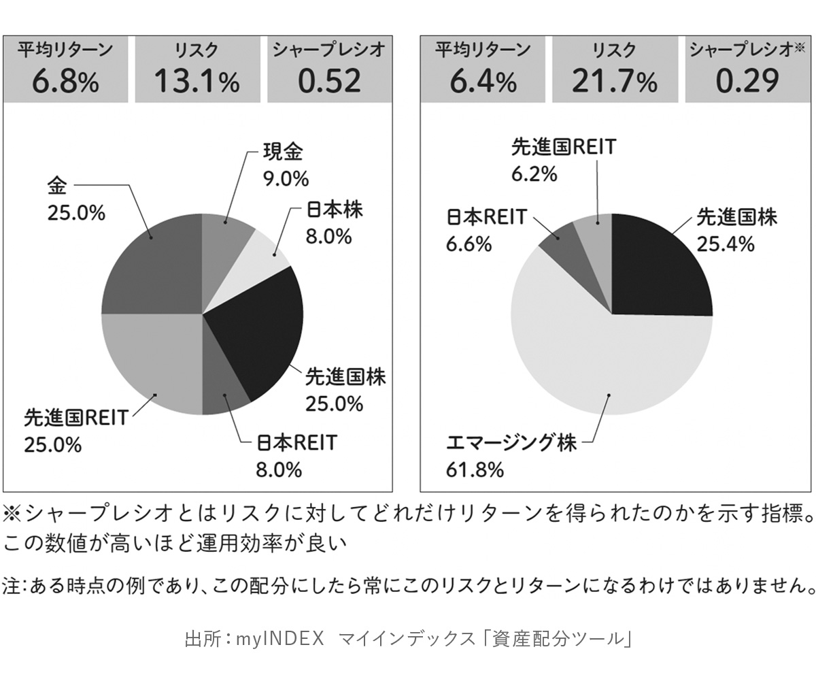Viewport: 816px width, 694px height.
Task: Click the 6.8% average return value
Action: (x=65, y=83)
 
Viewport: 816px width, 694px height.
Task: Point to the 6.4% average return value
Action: (x=482, y=83)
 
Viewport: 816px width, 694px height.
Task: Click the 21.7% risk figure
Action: (x=614, y=83)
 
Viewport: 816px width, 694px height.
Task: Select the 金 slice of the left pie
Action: (x=153, y=265)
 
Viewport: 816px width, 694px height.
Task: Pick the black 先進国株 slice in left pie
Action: (x=262, y=327)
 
